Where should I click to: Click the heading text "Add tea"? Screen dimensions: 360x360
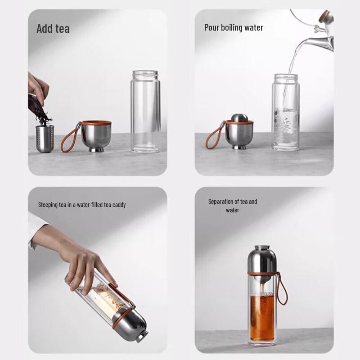pos(53,29)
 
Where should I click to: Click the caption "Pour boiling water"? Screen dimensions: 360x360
pos(234,27)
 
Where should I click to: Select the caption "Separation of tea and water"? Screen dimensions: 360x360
pos(233,206)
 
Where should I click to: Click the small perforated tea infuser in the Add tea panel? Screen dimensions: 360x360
pos(45,137)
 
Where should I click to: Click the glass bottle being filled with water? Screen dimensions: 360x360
pos(286,112)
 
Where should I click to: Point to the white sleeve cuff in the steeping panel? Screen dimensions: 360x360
pos(35,229)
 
